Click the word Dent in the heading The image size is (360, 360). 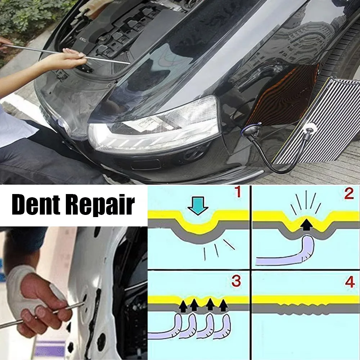pos(36,204)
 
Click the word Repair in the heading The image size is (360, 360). pos(100,206)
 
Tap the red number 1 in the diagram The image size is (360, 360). pos(238,192)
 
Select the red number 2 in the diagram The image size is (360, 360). pos(349,194)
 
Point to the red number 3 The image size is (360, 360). pos(236,281)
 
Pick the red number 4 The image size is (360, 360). pos(350,282)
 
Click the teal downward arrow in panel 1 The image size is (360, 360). pos(198,206)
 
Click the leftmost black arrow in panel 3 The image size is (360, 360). pos(183,306)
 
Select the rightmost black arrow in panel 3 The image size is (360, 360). pos(223,306)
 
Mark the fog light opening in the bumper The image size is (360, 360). pos(145,164)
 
